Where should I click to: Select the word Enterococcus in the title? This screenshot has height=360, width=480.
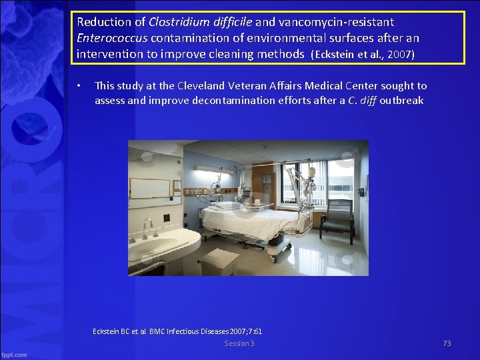coord(111,38)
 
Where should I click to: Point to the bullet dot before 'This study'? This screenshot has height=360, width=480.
coord(79,87)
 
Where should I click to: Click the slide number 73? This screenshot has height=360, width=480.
coord(447,343)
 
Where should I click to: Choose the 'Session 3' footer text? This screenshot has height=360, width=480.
coord(239,343)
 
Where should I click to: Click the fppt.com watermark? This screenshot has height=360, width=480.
coord(14,354)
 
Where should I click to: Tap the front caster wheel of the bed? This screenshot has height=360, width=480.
coord(271,257)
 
